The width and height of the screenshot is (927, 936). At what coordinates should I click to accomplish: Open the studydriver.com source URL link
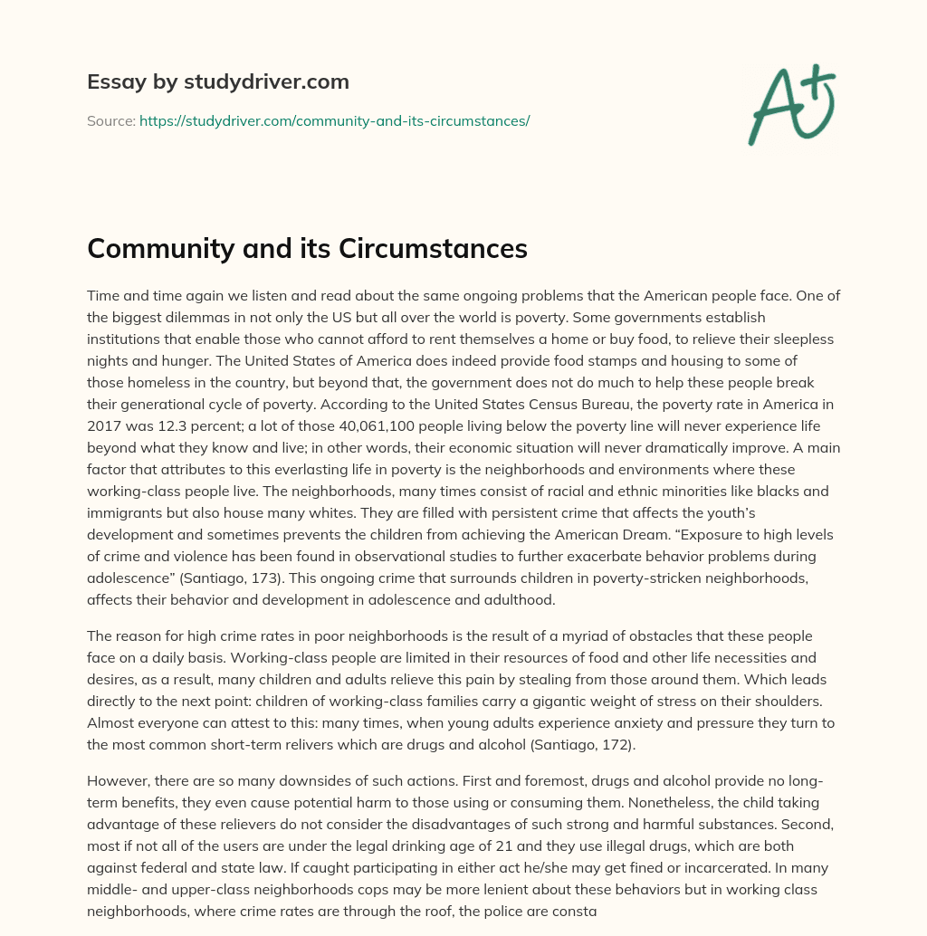tap(334, 120)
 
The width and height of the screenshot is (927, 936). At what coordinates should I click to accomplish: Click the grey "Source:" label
tap(110, 120)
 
